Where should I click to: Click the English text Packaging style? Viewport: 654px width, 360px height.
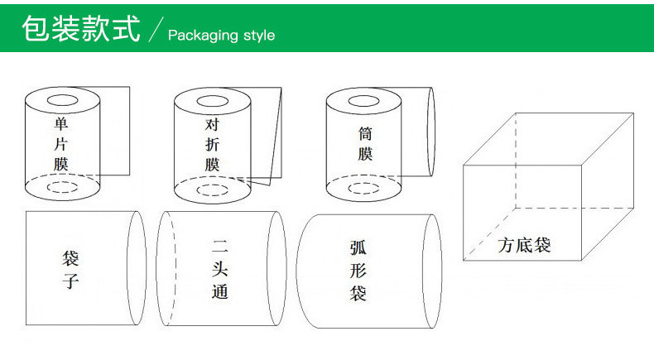coord(220,36)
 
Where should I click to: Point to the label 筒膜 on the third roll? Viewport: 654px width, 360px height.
coord(365,143)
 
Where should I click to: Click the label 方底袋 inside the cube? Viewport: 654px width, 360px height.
coord(524,246)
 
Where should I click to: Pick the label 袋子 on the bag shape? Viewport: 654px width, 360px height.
coord(70,270)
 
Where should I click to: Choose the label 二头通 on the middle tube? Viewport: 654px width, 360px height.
coord(219,269)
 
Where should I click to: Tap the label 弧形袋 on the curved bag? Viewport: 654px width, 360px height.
coord(358,270)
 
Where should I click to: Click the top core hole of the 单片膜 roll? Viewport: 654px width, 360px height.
coord(62,101)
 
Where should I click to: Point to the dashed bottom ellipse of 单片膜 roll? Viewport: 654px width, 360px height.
coord(62,187)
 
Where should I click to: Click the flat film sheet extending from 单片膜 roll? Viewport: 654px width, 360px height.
coord(116,132)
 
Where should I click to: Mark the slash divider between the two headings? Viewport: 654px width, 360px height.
coord(156,31)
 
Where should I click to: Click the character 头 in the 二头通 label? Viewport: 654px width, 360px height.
coord(219,269)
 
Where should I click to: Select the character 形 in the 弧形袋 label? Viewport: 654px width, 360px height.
coord(358,270)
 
